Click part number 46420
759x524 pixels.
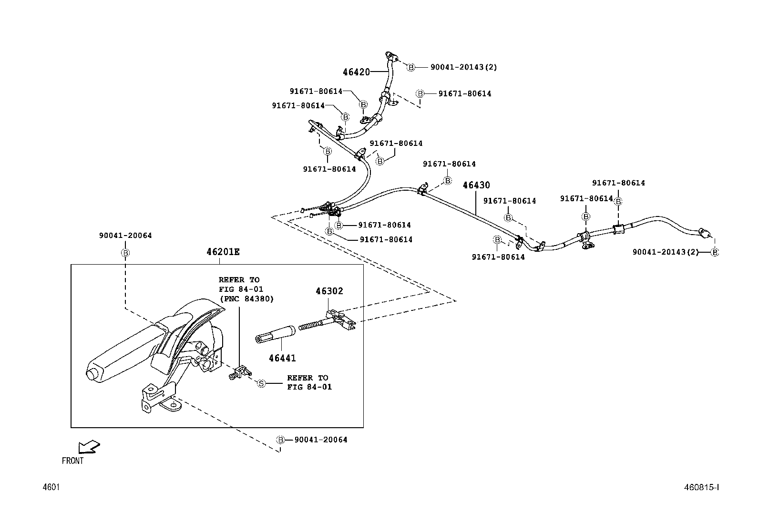point(356,72)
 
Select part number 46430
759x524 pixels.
point(476,185)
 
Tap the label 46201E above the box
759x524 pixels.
point(223,252)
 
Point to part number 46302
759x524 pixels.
point(329,291)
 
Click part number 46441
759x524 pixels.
point(281,358)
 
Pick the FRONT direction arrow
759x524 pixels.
point(89,447)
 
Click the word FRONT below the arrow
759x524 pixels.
point(72,461)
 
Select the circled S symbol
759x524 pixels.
point(261,383)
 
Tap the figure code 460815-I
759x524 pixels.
point(701,487)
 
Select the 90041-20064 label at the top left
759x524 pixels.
point(125,236)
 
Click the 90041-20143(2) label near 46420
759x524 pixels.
point(463,67)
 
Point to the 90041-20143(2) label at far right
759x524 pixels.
point(666,252)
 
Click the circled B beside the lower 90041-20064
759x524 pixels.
point(281,440)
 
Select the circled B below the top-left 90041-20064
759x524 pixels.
point(125,252)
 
